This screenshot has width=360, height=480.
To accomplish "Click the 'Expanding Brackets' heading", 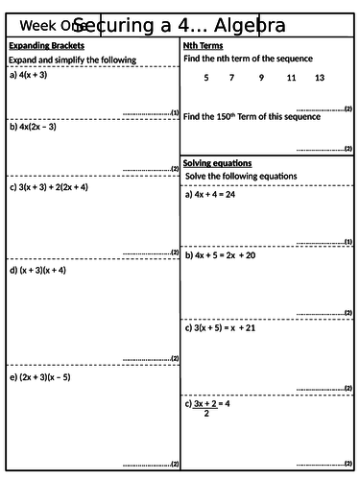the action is click(x=46, y=45).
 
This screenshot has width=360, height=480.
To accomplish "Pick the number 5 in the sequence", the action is click(x=206, y=78).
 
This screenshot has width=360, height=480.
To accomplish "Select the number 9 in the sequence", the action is click(x=262, y=78).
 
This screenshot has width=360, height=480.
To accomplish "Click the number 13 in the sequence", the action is click(x=319, y=78).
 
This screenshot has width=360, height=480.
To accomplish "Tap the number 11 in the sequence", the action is click(x=291, y=78).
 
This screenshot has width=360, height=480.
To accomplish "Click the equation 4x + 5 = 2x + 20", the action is click(x=233, y=256).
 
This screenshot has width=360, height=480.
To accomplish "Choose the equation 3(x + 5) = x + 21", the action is click(x=234, y=328).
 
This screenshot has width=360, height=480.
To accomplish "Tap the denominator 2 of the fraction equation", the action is click(x=206, y=414).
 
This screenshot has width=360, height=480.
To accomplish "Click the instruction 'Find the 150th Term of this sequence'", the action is click(x=252, y=116).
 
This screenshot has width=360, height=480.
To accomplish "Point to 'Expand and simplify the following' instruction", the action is click(x=72, y=60).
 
